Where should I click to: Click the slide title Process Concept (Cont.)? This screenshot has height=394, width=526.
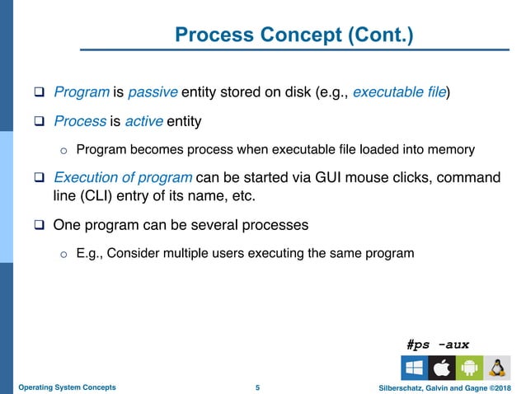(294, 36)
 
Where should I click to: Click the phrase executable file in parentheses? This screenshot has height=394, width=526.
(399, 91)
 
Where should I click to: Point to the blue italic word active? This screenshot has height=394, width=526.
(143, 122)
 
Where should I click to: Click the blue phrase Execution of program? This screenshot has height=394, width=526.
(123, 178)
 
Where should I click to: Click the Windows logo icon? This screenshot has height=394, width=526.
(414, 368)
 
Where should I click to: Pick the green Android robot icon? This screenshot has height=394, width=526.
(467, 368)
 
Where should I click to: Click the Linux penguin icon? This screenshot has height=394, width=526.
(495, 368)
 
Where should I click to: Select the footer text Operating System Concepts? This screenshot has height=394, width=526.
(67, 387)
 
